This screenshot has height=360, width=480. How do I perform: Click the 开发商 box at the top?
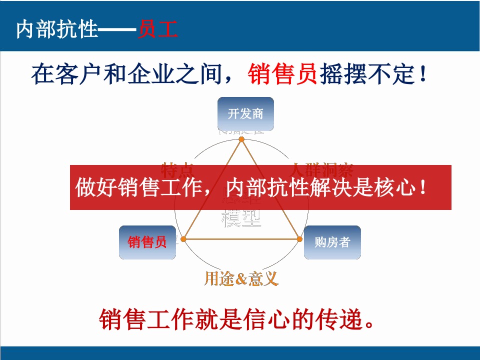click(x=245, y=113)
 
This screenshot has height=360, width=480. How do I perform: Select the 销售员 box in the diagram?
click(x=147, y=242)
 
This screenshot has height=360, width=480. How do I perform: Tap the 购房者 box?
click(x=332, y=242)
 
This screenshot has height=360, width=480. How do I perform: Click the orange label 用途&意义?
click(x=241, y=278)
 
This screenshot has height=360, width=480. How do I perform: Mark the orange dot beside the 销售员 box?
click(x=184, y=239)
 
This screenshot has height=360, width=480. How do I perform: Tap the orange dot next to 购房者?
click(x=300, y=239)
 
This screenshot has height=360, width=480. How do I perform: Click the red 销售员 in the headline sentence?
click(x=282, y=75)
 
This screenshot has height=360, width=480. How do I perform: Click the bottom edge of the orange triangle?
click(x=242, y=239)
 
